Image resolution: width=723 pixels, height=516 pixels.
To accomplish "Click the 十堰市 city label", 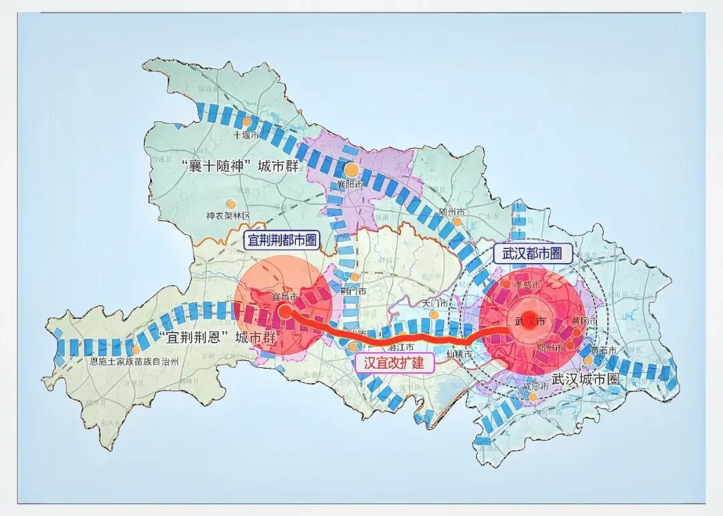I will [x=245, y=135].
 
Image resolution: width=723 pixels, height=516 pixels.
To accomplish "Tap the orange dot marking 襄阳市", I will [x=351, y=170].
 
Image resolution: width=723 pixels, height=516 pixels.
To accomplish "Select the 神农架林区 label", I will [x=228, y=216].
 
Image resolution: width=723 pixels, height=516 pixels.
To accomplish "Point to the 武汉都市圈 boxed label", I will [x=532, y=253].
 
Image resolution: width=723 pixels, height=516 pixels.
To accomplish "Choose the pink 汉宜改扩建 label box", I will [x=394, y=362].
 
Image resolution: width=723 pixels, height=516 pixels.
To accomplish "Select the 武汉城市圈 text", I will [x=585, y=379].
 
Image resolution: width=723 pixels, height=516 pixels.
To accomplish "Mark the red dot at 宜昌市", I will [x=284, y=311].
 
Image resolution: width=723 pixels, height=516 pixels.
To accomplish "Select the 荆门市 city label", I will [x=353, y=291].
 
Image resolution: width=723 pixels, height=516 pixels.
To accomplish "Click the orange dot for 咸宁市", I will [x=532, y=398].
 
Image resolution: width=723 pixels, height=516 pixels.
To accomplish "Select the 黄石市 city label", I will [x=600, y=351].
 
